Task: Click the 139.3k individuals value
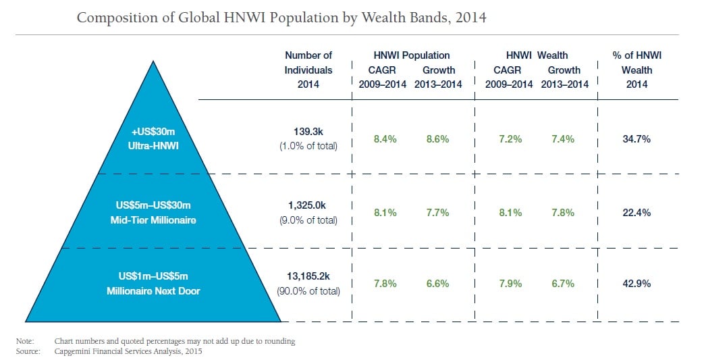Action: [x=308, y=132]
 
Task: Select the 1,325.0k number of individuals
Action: [x=308, y=205]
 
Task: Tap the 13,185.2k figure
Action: [x=308, y=276]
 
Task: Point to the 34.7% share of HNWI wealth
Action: [x=636, y=138]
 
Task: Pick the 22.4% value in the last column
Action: [x=636, y=212]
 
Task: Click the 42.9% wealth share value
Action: [x=636, y=284]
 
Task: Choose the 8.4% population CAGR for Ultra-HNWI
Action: [x=385, y=139]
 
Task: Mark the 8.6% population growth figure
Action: [x=438, y=139]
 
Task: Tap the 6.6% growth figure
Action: [x=438, y=284]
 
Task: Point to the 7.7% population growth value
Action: [x=438, y=212]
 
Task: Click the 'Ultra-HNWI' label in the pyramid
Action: [x=153, y=145]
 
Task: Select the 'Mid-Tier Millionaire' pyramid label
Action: [x=153, y=220]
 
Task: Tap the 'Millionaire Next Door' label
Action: [x=153, y=291]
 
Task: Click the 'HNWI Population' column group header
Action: [x=411, y=55]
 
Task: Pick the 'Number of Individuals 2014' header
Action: [x=308, y=70]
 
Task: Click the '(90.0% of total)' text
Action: [x=308, y=292]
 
